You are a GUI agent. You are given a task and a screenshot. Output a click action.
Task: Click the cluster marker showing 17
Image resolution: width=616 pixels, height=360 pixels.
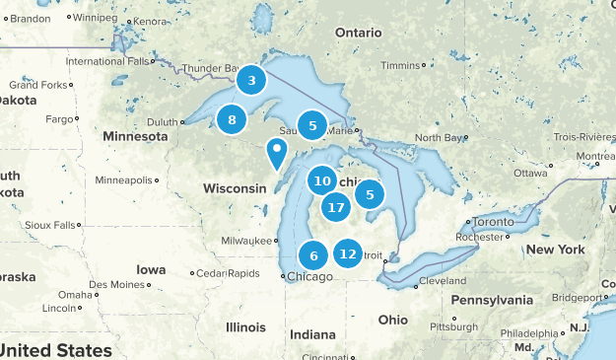[x=336, y=207]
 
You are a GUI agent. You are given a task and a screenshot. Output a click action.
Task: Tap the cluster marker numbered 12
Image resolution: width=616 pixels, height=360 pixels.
[x=347, y=253]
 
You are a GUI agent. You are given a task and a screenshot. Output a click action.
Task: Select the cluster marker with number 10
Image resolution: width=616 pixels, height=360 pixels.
[x=321, y=180]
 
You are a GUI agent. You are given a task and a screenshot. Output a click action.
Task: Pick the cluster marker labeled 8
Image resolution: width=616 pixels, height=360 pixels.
[x=232, y=120]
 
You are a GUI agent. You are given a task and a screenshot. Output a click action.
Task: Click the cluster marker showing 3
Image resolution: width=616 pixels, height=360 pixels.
[x=252, y=81]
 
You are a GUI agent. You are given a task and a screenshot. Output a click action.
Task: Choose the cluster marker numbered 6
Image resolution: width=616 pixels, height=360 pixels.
[x=313, y=256]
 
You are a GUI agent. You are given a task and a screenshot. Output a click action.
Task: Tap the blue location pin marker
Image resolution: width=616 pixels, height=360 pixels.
[x=277, y=154]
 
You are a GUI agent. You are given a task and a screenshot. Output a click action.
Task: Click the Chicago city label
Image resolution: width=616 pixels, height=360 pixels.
[x=309, y=277]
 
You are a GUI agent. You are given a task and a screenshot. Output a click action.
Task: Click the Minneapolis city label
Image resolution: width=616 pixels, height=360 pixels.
[x=125, y=180]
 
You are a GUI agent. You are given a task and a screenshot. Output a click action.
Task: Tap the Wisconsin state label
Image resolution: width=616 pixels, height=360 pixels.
[x=235, y=187]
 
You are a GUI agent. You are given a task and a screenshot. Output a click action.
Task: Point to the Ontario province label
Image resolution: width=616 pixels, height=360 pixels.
[x=357, y=33]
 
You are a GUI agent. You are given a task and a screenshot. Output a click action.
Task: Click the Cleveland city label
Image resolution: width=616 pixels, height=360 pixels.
[x=443, y=281]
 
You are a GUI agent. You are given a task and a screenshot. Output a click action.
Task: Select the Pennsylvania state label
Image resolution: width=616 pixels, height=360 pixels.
[x=498, y=299]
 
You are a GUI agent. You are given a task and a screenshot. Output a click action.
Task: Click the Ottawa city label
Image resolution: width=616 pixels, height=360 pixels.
[x=530, y=174]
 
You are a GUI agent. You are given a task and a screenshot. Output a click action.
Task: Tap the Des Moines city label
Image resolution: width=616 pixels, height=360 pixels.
[x=116, y=284]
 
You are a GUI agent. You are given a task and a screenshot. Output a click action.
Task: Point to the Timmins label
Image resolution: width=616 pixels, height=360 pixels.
[x=399, y=65]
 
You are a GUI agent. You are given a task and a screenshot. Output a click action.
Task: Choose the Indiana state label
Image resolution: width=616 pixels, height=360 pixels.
[x=312, y=333]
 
